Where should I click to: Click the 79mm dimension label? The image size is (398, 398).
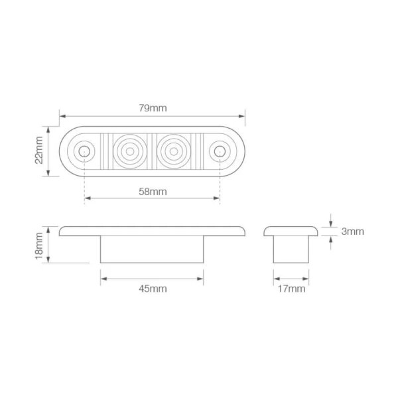click(153, 108)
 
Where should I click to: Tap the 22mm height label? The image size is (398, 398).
click(39, 150)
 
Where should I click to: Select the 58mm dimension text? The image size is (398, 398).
click(153, 192)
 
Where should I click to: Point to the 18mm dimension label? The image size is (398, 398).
click(39, 245)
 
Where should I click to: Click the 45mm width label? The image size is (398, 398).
click(153, 289)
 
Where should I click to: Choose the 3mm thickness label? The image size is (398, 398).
click(353, 232)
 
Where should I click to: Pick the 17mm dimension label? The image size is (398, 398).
click(291, 289)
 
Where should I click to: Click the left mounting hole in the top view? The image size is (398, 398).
click(84, 151)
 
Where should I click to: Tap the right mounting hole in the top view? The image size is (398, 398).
click(220, 151)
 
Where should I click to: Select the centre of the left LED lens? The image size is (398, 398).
click(130, 151)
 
